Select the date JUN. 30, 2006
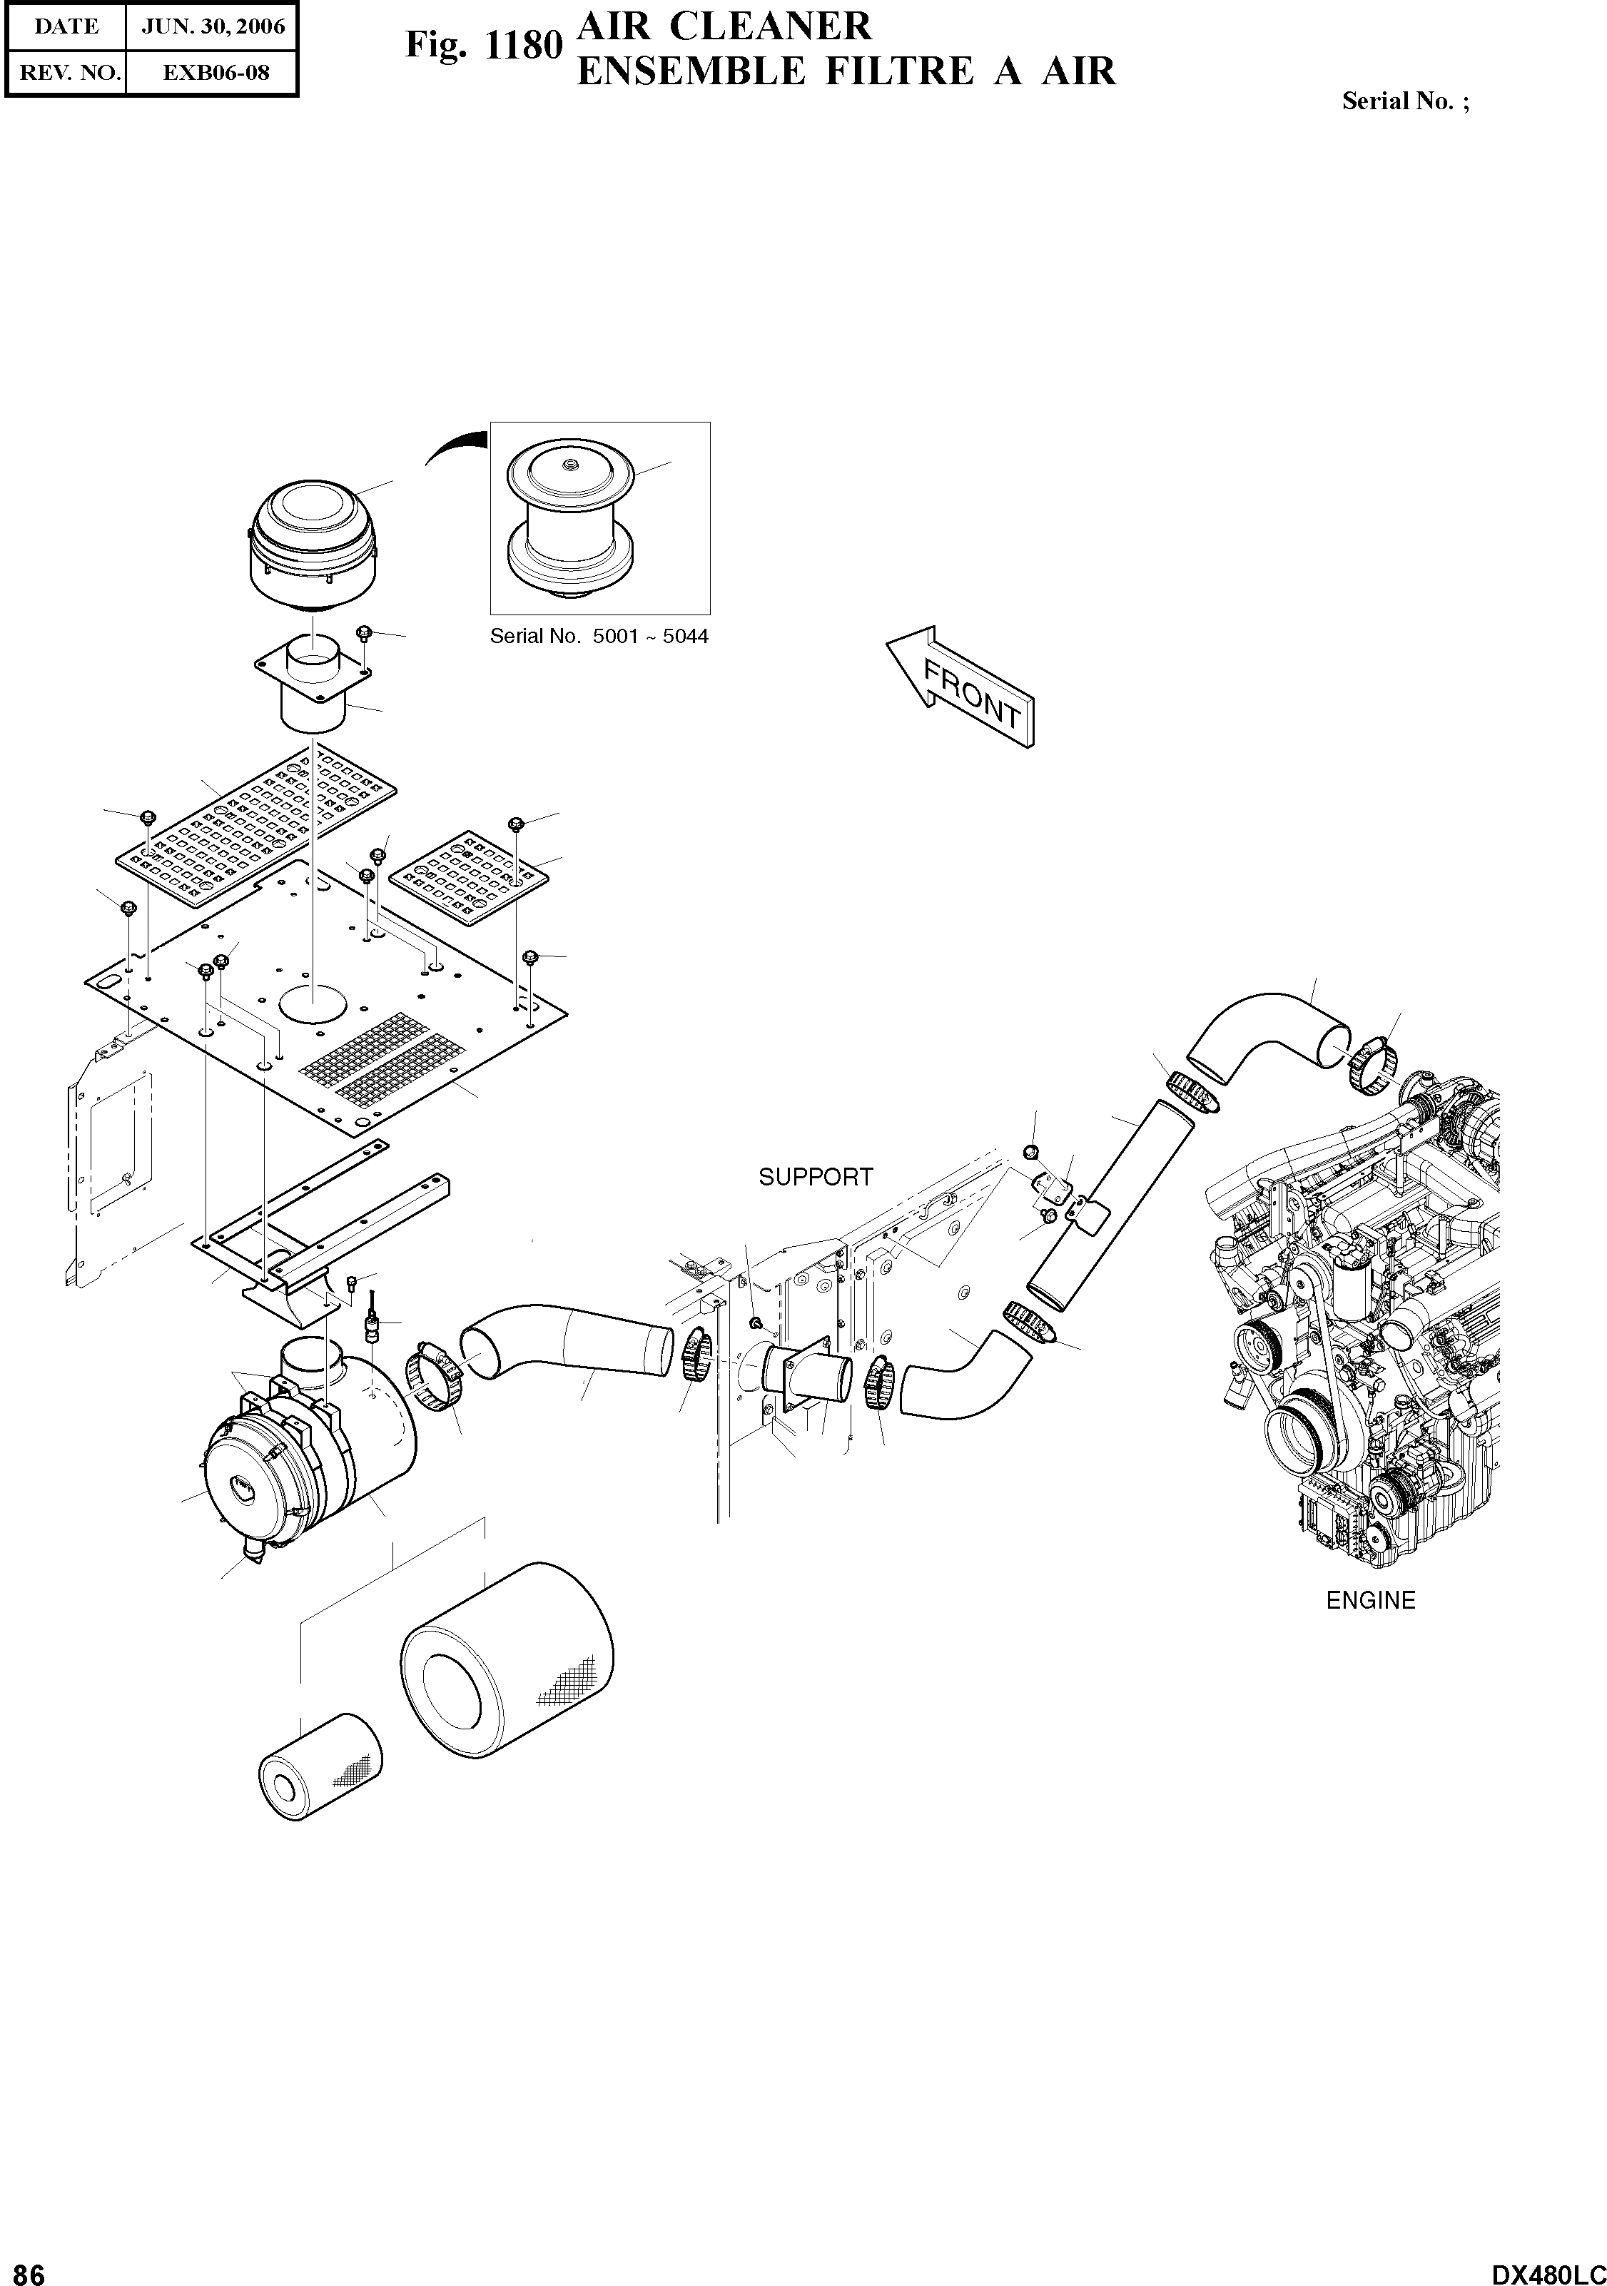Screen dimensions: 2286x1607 coord(213,27)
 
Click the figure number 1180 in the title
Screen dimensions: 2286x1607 coord(524,46)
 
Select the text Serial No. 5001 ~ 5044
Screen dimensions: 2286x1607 coord(599,636)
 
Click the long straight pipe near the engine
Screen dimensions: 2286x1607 coord(1110,1203)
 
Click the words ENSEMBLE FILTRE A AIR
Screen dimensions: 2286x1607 coord(846,71)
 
